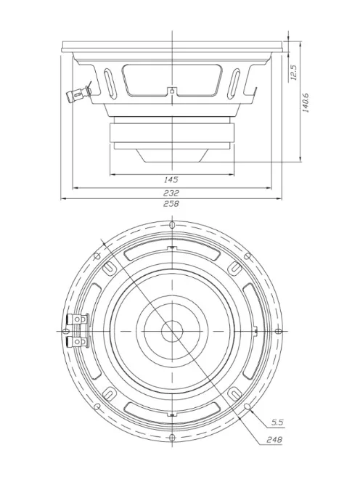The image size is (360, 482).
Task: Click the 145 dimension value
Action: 171,179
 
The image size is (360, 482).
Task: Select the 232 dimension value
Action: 171,192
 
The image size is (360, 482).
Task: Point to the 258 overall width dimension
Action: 171,204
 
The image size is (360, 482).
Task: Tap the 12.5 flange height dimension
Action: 293,73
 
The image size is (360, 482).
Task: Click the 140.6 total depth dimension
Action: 306,102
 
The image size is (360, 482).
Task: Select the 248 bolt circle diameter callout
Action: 274,440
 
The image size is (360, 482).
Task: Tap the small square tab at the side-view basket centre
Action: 171,92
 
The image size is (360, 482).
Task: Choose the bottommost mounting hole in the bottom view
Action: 171,437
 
